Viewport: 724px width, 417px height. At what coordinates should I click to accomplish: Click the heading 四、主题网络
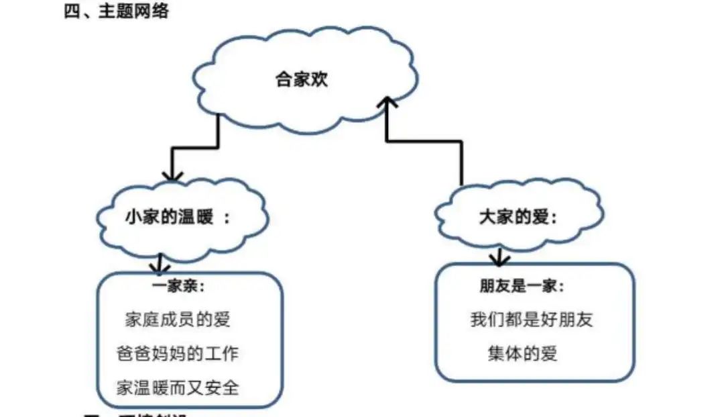tap(116, 13)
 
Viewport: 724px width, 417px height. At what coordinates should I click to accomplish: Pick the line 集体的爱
tap(522, 354)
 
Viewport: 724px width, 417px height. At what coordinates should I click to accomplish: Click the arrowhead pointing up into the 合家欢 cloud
tap(387, 102)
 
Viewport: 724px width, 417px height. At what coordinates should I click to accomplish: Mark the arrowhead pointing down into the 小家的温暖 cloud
tap(172, 175)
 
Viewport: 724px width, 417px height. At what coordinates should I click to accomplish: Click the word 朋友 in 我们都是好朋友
tap(575, 320)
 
